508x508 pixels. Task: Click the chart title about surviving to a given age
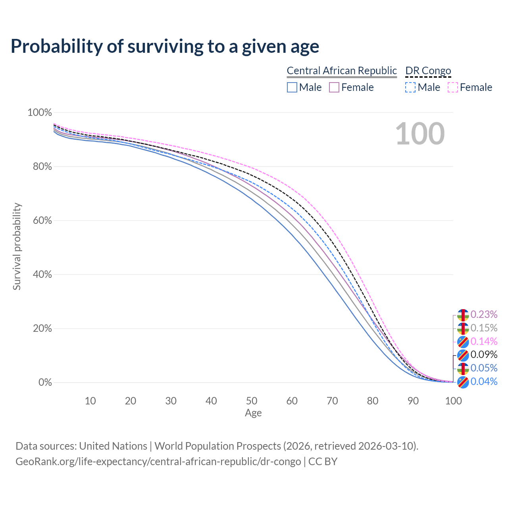(x=165, y=46)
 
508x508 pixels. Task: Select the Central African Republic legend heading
(x=341, y=71)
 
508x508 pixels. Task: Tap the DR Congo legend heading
(x=428, y=71)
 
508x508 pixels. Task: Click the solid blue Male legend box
(x=292, y=87)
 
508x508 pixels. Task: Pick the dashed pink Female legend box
(x=453, y=87)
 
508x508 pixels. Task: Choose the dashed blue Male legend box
(x=410, y=87)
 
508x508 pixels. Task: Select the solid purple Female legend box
(x=334, y=87)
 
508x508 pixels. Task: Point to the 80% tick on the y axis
(x=42, y=167)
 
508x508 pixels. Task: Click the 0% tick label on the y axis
(x=45, y=383)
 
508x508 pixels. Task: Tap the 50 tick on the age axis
(x=252, y=401)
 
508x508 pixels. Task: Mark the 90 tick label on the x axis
(x=413, y=401)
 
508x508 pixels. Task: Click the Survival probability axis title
(x=17, y=246)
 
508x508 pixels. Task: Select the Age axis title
(x=253, y=413)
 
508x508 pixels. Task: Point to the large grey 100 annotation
(x=420, y=134)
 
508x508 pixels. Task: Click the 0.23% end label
(x=484, y=315)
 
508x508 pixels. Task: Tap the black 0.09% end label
(x=484, y=354)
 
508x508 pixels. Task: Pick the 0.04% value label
(x=484, y=382)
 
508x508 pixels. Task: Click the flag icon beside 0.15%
(x=463, y=328)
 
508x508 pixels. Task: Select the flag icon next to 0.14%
(x=463, y=341)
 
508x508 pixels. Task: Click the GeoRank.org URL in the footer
(x=158, y=462)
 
